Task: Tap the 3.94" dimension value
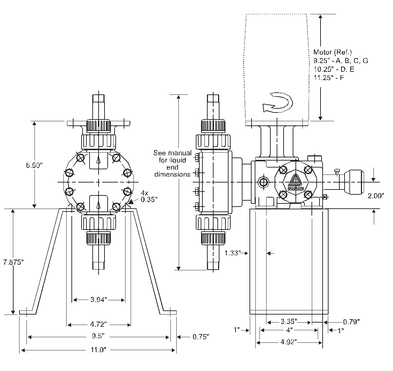[x=99, y=300]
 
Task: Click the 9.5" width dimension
[x=99, y=337]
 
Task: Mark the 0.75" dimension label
[x=201, y=337]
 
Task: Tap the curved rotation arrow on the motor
[x=277, y=102]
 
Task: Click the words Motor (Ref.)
[x=327, y=52]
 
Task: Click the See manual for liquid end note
[x=172, y=163]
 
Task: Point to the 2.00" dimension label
[x=376, y=196]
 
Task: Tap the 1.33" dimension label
[x=233, y=253]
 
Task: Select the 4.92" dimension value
[x=288, y=342]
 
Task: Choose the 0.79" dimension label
[x=351, y=321]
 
